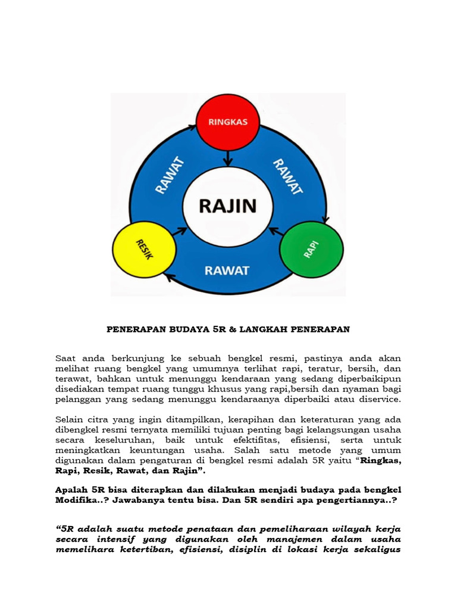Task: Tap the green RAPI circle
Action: (311, 249)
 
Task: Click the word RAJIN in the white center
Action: (227, 206)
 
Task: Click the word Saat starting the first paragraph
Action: (67, 358)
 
